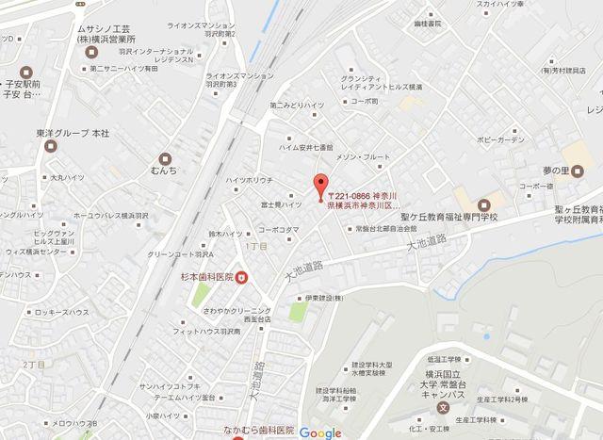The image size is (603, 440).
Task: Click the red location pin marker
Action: tap(320, 187)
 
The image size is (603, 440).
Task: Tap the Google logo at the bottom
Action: tap(321, 432)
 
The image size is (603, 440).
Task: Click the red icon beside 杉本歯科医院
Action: tap(242, 276)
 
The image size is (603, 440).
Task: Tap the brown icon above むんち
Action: tap(166, 156)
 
